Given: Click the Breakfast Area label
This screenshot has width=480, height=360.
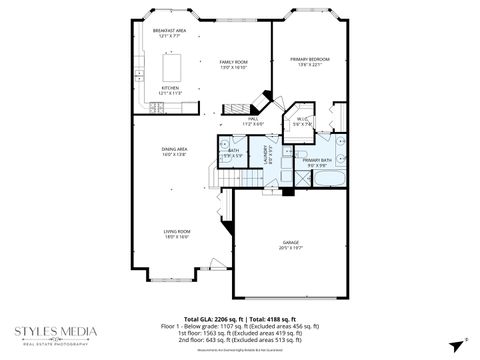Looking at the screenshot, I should coord(168,31).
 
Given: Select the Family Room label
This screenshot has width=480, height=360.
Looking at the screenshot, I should coord(234,62).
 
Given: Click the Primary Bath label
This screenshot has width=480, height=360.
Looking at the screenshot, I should coord(319,160).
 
